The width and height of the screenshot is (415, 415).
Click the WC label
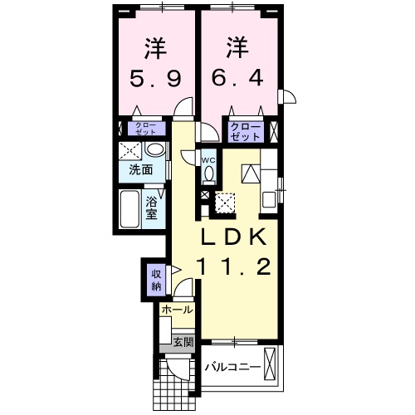pyautogui.click(x=208, y=159)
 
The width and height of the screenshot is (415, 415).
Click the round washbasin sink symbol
pyautogui.click(x=154, y=150)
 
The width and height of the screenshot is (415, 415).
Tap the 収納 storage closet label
pyautogui.click(x=155, y=279)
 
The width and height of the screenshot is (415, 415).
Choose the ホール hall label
pyautogui.click(x=177, y=310)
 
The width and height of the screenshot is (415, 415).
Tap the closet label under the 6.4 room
pyautogui.click(x=246, y=129)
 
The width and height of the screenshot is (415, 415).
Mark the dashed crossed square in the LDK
pyautogui.click(x=225, y=201)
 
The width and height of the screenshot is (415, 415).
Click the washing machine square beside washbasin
pyautogui.click(x=129, y=151)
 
